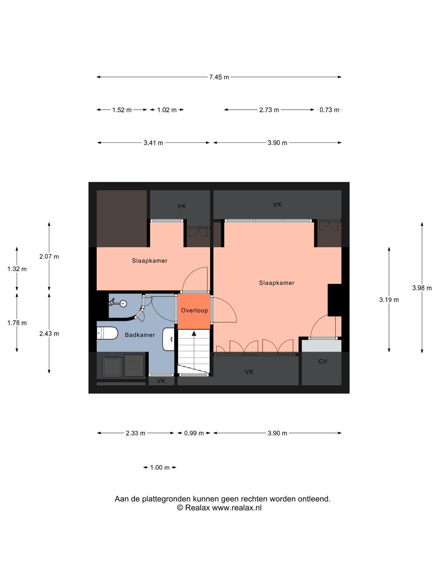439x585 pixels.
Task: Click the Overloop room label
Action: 195,310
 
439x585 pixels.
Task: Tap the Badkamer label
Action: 140,335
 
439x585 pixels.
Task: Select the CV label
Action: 323,361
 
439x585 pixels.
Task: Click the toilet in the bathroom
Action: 107,333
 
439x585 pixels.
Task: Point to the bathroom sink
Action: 168,339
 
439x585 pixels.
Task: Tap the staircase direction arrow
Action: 194,349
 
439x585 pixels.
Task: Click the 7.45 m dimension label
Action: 219,77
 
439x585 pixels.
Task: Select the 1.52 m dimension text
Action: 122,110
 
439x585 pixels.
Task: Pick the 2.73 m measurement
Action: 269,110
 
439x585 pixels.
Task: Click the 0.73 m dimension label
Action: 329,110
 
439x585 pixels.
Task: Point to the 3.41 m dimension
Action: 153,143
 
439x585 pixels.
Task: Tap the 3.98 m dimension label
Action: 422,288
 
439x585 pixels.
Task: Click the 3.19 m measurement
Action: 389,300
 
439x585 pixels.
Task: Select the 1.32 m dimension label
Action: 17,269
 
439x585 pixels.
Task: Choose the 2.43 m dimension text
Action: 49,334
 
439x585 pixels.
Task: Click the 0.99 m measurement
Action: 194,433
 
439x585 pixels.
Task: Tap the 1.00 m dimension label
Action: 160,467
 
